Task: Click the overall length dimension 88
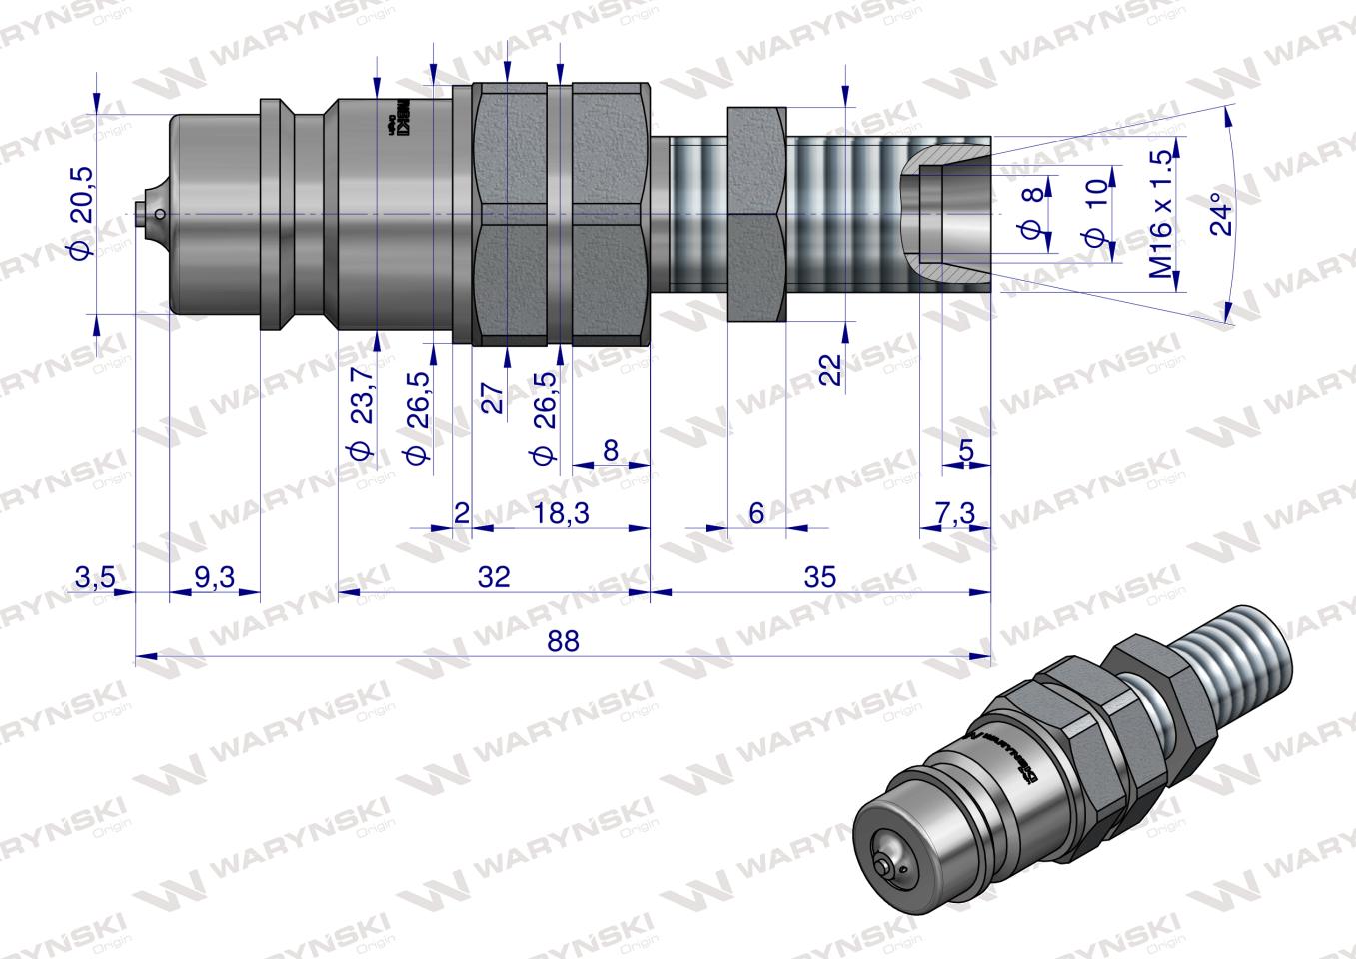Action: [564, 641]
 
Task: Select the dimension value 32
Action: [494, 576]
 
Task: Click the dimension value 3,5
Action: [96, 576]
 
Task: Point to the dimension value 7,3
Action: [957, 513]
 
